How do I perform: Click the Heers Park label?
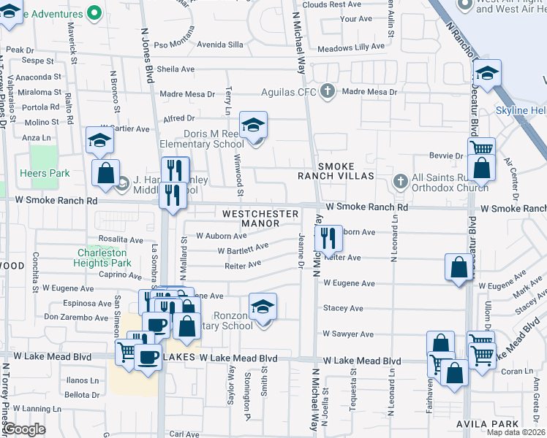click(50, 174)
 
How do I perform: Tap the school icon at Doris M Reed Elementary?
click(254, 126)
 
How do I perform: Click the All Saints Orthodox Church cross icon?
click(399, 180)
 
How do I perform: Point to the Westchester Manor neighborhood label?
click(260, 218)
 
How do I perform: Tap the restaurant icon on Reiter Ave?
click(328, 238)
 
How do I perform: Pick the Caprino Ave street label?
click(120, 276)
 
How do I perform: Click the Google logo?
click(23, 429)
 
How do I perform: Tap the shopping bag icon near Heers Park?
click(105, 173)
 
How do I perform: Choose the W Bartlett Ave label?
click(243, 250)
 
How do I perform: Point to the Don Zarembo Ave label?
click(76, 317)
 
